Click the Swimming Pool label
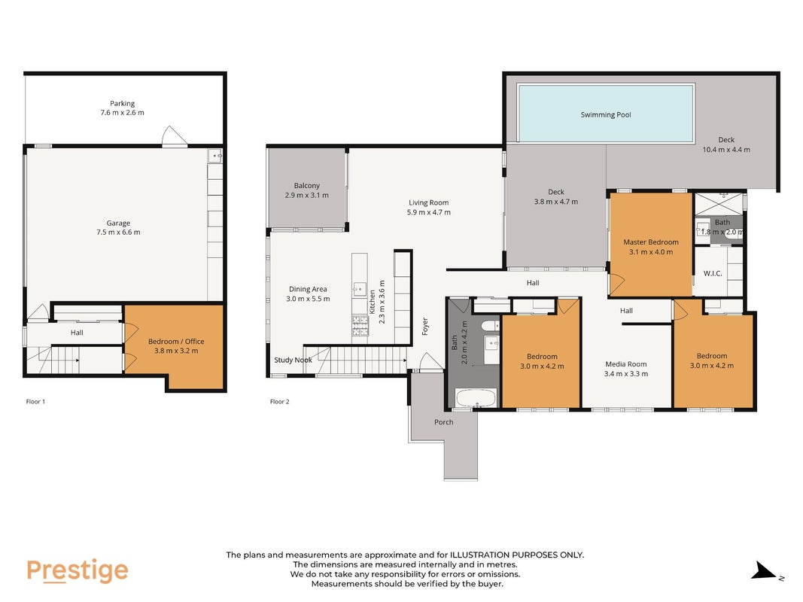tap(605, 114)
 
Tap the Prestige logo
tap(78, 571)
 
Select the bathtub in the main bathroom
tap(476, 398)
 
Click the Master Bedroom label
tap(650, 242)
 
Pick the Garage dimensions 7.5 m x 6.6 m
tap(118, 233)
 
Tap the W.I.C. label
tap(713, 273)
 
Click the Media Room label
tap(626, 364)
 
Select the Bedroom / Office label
tap(176, 342)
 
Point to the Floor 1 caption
tap(35, 401)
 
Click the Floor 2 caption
tap(280, 401)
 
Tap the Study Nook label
tap(293, 360)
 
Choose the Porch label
tap(443, 422)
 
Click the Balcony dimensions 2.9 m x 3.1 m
tap(307, 195)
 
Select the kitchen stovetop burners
tap(360, 326)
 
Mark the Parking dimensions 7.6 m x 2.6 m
tap(123, 113)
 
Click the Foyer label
tap(424, 327)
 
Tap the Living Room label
tap(429, 202)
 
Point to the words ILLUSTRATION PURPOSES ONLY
tap(517, 555)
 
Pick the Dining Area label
tap(308, 289)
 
